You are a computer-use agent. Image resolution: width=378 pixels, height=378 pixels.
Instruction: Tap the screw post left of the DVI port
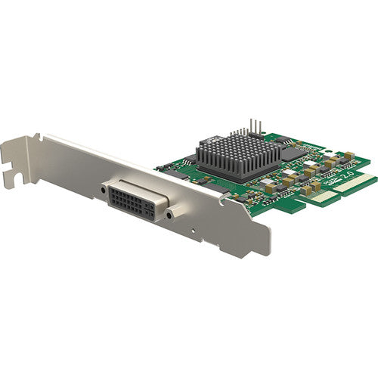104,189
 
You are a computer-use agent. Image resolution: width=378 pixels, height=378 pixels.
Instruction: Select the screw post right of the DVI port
170,215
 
